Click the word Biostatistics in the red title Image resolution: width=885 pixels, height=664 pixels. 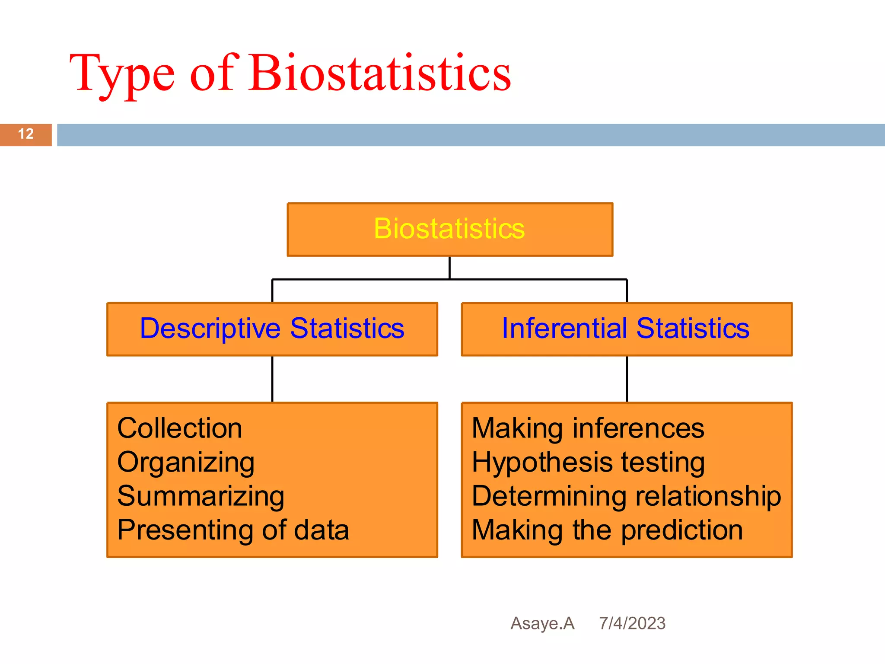pyautogui.click(x=379, y=73)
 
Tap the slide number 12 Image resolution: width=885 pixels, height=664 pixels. pyautogui.click(x=26, y=134)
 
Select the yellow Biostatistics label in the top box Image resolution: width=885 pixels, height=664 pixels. pyautogui.click(x=449, y=229)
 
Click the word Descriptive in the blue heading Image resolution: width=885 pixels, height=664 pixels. pyautogui.click(x=210, y=329)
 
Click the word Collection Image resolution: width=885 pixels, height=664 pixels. pyautogui.click(x=179, y=429)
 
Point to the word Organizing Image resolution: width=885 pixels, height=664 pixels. pyautogui.click(x=186, y=463)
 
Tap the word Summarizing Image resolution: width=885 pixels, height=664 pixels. pyautogui.click(x=201, y=496)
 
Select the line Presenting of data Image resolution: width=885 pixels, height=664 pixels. pyautogui.click(x=233, y=530)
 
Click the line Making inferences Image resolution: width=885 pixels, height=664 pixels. pyautogui.click(x=588, y=429)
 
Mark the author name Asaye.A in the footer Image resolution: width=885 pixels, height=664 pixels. pyautogui.click(x=542, y=623)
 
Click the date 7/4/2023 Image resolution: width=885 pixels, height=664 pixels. pyautogui.click(x=632, y=623)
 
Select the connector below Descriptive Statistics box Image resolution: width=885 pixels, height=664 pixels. pyautogui.click(x=272, y=379)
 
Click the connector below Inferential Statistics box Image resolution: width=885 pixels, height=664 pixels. pyautogui.click(x=627, y=379)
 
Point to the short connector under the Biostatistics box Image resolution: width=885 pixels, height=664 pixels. pyautogui.click(x=449, y=268)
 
